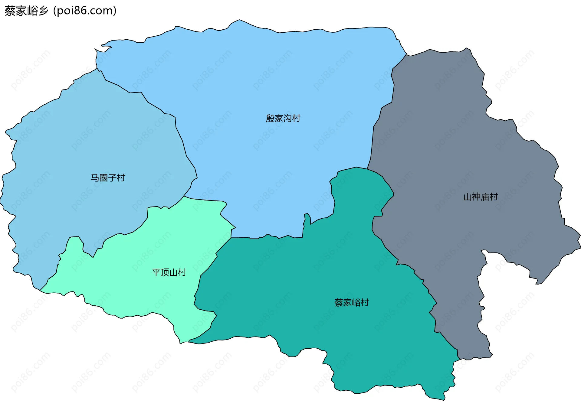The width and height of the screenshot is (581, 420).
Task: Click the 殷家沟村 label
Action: coord(283,118)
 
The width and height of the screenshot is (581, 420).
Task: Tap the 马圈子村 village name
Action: coord(108,178)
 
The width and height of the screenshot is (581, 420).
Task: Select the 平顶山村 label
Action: coord(169,272)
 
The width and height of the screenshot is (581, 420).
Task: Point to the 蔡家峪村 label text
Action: coord(352,303)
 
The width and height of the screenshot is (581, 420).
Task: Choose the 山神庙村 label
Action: coord(481,197)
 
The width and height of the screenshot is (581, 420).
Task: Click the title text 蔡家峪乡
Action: coord(27,11)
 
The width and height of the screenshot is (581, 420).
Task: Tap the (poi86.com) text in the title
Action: coord(85,11)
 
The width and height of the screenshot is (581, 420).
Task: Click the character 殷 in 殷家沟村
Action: coord(270,118)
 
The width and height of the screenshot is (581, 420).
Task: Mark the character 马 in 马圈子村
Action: coord(95,178)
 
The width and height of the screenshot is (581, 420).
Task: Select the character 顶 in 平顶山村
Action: coord(165,272)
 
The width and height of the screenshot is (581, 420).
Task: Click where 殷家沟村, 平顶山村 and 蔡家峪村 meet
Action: coord(231,238)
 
